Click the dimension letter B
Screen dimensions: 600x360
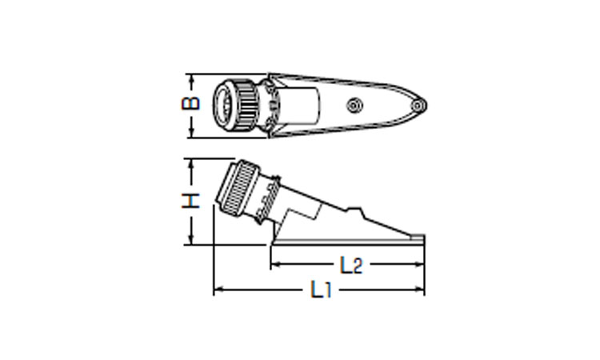190,103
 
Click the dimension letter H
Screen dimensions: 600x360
190,201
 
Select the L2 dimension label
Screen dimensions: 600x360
351,265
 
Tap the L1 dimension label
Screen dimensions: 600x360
321,290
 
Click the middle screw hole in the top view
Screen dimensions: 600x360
354,106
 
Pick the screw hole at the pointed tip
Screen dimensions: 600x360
418,106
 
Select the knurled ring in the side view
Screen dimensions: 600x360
240,188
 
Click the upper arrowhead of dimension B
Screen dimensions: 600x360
192,78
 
